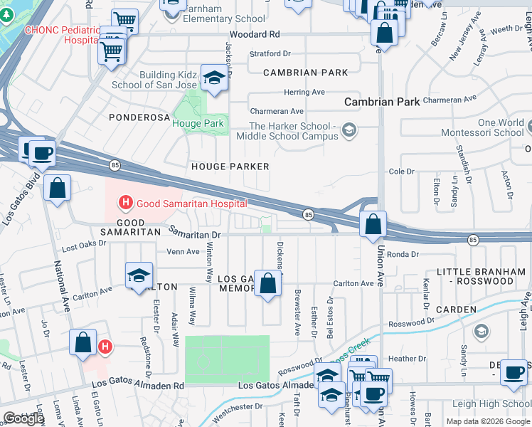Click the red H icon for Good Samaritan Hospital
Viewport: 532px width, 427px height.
pos(126,204)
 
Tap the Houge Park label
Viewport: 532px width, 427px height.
pos(198,123)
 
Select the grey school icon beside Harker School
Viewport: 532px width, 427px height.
pos(349,130)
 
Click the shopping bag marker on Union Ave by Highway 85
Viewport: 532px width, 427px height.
pos(373,226)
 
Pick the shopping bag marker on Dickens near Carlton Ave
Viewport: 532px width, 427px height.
pos(267,285)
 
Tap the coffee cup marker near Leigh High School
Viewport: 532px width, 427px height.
pos(514,373)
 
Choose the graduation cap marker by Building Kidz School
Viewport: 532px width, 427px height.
pos(213,79)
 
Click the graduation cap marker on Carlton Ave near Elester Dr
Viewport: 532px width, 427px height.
pos(139,276)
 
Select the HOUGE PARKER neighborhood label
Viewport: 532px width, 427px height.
pos(230,167)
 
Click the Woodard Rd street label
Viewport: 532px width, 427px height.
pos(254,34)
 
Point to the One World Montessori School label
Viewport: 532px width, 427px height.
pos(491,127)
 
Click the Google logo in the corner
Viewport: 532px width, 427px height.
pos(23,418)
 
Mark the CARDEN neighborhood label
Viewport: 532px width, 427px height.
pos(456,310)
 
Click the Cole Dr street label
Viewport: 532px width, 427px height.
pos(401,172)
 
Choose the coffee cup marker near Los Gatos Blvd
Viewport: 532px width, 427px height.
pos(42,152)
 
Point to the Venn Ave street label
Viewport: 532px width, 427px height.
pos(183,251)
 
